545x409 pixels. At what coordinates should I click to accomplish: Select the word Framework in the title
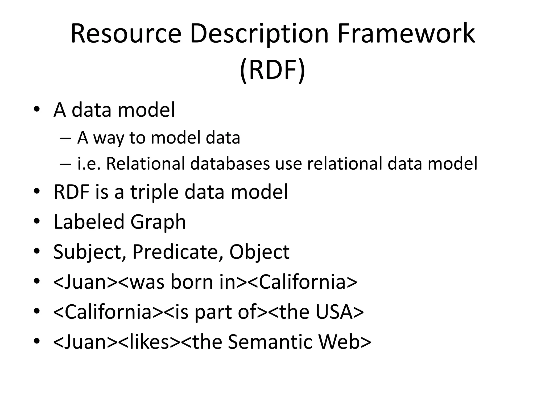click(406, 34)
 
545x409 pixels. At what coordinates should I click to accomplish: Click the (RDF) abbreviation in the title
click(272, 70)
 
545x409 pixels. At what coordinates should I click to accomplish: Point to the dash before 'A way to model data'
click(65, 138)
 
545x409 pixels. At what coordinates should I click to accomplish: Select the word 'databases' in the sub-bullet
click(230, 163)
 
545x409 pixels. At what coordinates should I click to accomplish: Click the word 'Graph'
click(158, 222)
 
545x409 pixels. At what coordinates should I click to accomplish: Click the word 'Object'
click(259, 252)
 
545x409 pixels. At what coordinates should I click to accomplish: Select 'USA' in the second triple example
click(335, 312)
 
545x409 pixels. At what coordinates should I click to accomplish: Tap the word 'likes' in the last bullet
click(149, 342)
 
